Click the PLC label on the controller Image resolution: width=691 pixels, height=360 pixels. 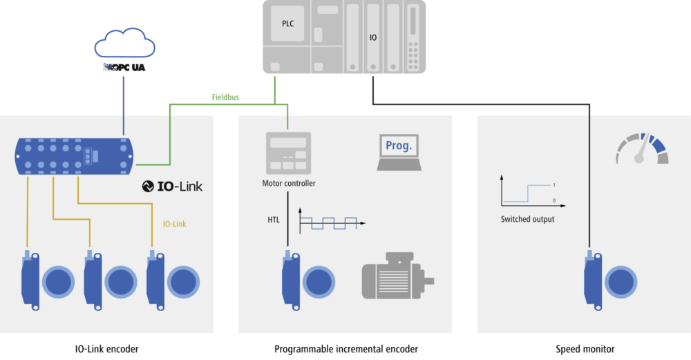287,23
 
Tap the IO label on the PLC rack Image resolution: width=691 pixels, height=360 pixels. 373,37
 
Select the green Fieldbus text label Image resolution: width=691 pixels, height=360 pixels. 225,97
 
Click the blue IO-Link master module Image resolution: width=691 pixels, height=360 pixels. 75,155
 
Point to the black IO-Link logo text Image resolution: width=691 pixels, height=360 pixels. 173,186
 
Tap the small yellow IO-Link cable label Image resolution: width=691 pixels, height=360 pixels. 174,224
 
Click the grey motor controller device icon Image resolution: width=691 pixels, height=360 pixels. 288,153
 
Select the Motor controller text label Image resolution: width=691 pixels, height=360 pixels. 289,183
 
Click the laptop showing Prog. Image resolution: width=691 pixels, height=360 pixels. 399,151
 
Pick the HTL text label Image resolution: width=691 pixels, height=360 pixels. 274,220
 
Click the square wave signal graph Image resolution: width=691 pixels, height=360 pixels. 330,221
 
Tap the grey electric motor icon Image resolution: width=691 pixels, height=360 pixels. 397,278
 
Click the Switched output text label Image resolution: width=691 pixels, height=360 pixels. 527,219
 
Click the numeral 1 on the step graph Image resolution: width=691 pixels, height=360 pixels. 553,185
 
